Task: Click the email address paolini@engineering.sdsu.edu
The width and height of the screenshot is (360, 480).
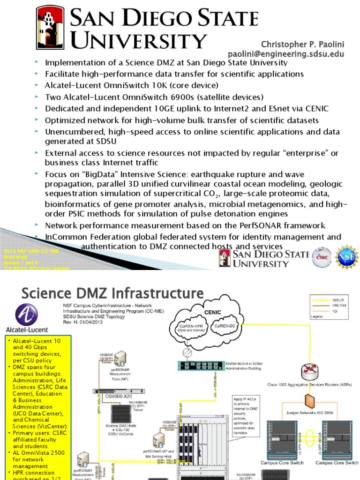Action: pos(286,54)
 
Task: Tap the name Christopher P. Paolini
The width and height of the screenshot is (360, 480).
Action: pos(302,44)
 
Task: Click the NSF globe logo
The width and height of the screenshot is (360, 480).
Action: pos(347,258)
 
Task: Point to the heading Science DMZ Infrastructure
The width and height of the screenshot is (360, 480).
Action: pos(112,294)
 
